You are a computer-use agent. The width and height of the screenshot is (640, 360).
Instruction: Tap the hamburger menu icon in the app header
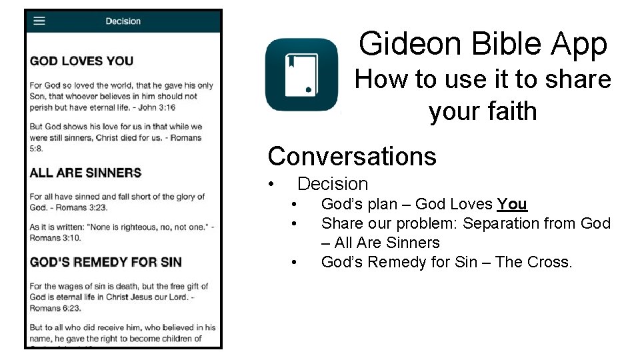[39, 21]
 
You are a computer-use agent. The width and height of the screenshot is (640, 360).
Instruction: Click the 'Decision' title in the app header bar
[123, 21]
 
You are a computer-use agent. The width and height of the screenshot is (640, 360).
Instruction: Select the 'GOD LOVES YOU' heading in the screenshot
[81, 61]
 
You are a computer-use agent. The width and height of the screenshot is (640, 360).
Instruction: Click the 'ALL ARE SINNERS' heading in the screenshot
[85, 173]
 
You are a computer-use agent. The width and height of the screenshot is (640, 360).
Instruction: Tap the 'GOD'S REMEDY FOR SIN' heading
[105, 262]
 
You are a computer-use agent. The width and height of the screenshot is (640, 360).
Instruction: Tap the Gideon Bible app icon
[301, 75]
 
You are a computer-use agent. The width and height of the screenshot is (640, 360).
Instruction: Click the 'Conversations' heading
[352, 156]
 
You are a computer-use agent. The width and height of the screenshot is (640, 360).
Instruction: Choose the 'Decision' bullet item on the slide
[333, 184]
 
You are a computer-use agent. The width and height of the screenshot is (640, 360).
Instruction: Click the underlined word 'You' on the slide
[512, 204]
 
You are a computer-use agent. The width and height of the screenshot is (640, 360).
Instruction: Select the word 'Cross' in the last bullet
[549, 262]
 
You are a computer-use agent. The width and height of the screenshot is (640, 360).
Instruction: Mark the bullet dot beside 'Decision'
[271, 184]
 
